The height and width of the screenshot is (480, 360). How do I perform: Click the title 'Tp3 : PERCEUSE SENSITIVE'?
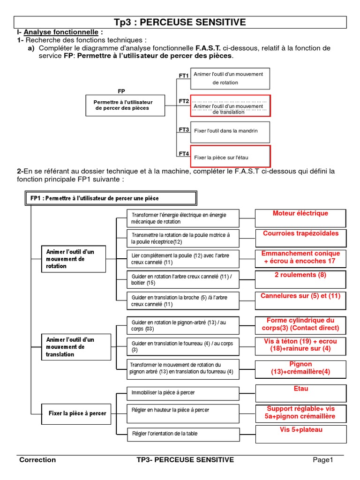coord(180,22)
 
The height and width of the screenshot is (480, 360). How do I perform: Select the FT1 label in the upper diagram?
coord(183,75)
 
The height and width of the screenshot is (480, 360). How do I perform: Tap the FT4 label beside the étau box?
coord(183,154)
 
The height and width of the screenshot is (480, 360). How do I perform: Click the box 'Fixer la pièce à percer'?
coord(77,413)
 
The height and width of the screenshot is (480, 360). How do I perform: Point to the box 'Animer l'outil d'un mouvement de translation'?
coord(76,347)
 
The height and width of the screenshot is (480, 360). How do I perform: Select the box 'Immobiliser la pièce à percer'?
coord(183,393)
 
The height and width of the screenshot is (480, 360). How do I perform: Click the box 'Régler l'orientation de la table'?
coord(183,434)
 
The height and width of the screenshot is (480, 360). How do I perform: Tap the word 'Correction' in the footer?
coord(37,460)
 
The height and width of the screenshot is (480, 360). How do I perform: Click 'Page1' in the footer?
coord(323,460)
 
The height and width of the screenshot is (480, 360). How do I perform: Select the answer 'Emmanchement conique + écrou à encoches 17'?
coord(300,258)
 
